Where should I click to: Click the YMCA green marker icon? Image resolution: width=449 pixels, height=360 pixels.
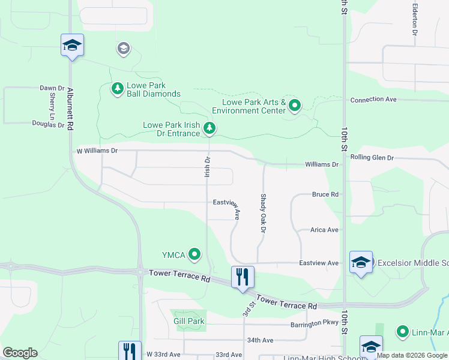coord(194,255)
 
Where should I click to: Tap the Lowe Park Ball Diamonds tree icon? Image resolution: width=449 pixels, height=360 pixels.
coord(118,89)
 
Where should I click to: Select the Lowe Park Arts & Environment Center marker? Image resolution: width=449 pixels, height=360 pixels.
coord(294,106)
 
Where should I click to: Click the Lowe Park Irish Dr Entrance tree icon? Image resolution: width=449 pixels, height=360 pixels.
coord(209,128)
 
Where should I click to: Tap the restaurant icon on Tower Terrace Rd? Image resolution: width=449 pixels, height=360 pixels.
coord(243,277)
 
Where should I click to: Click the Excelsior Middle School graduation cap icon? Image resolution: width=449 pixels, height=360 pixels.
coord(361,262)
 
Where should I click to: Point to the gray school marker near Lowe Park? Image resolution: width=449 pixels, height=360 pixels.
coord(124,48)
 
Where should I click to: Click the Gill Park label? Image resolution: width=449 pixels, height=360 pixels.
coord(188,321)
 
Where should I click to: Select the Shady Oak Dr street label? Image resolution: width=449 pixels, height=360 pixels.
coord(262,212)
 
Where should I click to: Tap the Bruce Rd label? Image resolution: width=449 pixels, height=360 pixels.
coord(325,194)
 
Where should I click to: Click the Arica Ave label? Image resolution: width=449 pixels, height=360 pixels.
coord(324,230)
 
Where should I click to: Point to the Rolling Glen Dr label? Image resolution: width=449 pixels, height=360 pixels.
coord(372,158)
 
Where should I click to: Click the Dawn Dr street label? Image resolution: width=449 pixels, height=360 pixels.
coord(52,88)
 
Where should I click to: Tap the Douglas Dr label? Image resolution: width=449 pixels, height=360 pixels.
coord(49,124)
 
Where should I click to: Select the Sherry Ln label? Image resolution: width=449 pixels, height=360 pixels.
coord(52,104)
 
